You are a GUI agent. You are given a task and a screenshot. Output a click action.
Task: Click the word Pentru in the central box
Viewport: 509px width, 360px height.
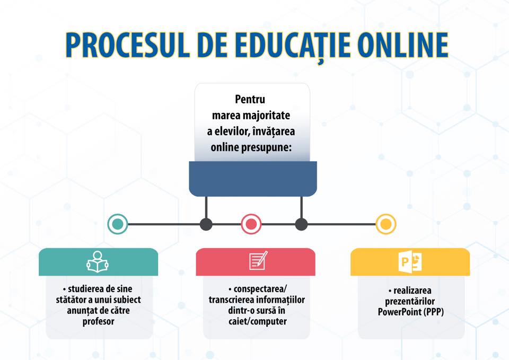[250, 99]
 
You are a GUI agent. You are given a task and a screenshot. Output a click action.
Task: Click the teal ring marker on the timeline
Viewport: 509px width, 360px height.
[118, 224]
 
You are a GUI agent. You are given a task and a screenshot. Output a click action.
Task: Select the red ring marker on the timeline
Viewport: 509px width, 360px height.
[251, 224]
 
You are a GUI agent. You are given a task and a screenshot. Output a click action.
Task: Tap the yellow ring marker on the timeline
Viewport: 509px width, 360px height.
[385, 224]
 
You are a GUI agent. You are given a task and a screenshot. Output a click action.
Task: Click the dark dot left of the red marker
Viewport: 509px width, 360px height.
[206, 224]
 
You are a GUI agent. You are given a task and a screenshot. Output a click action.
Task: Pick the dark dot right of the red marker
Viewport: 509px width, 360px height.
[301, 224]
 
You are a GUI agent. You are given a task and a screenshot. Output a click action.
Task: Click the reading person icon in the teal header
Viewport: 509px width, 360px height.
[98, 261]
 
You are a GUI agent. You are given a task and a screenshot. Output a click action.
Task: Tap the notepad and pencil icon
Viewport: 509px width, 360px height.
[258, 260]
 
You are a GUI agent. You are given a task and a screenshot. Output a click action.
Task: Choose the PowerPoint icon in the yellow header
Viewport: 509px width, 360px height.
[410, 261]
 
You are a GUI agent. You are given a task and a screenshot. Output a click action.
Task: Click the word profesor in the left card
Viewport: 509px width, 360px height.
[99, 321]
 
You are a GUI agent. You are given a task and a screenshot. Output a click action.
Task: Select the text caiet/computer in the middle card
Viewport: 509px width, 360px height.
[258, 321]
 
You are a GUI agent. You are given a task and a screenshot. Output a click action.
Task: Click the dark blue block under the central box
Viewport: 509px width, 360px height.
[253, 179]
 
